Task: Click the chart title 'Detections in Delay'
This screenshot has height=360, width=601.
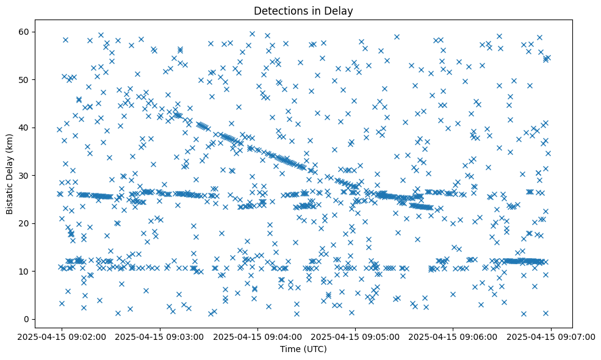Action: pyautogui.click(x=303, y=11)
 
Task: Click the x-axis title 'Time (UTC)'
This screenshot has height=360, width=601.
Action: pyautogui.click(x=303, y=350)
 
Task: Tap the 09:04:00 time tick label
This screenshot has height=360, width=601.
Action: pyautogui.click(x=256, y=336)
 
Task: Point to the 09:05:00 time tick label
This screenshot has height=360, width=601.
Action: pyautogui.click(x=354, y=336)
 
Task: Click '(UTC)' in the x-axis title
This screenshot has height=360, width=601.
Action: pyautogui.click(x=315, y=350)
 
